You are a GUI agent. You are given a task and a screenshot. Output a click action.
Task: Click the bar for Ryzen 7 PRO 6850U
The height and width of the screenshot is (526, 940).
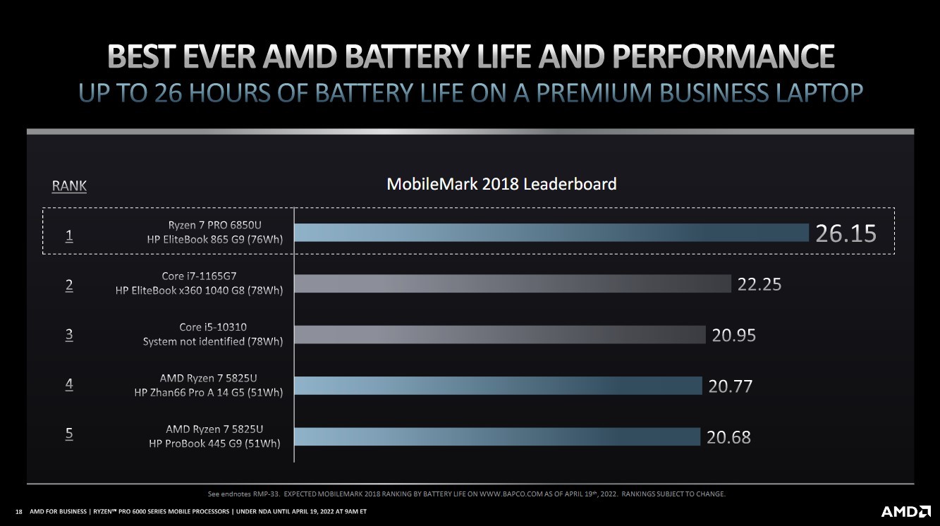point(551,233)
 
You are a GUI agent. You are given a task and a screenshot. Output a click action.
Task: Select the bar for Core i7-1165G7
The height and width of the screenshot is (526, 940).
point(512,283)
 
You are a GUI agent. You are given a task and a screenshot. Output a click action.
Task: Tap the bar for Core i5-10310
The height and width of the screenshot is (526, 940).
point(499,334)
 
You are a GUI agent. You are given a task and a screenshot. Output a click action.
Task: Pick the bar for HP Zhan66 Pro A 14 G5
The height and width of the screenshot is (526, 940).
point(498,385)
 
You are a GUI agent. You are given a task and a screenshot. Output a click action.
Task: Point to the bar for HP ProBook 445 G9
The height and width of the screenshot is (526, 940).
point(496,436)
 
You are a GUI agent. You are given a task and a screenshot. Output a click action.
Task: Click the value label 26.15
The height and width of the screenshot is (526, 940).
point(846,233)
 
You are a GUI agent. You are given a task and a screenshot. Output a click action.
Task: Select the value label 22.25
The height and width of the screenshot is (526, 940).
point(759,284)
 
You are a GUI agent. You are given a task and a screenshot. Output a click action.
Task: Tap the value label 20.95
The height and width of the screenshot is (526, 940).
point(733,335)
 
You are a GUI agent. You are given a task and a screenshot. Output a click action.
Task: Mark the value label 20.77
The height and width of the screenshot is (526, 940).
point(731,386)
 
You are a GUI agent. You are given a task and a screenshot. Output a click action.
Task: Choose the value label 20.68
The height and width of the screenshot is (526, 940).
point(728,437)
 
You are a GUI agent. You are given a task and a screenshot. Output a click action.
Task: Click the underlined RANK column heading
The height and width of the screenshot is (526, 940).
point(69,186)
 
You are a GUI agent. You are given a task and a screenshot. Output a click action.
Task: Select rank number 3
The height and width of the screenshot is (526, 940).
point(69,335)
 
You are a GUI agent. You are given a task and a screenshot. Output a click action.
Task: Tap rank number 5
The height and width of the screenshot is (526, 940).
point(69,434)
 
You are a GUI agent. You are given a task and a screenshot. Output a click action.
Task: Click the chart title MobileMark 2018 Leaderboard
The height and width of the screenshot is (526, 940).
point(501,184)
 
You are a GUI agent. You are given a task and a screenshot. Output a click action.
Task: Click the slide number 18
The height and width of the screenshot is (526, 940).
point(18,511)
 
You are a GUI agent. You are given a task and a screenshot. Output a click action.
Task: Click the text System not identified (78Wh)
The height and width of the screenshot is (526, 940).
point(213,341)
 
